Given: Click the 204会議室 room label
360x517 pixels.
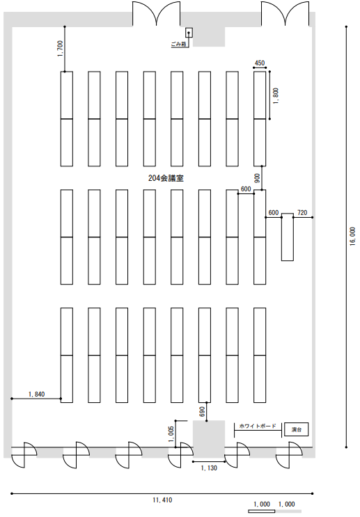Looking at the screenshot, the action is [x=166, y=178].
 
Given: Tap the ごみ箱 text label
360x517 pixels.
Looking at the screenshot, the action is [x=178, y=44].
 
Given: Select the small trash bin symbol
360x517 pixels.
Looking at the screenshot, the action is [x=189, y=33].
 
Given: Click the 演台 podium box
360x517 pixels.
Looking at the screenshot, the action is [x=297, y=429].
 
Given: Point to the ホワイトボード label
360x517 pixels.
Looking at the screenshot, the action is [x=258, y=426].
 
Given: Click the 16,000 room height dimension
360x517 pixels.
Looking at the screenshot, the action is [x=353, y=236].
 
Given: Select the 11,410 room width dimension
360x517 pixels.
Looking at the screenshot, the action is [x=162, y=500].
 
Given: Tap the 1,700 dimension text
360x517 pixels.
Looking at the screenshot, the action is [x=60, y=49].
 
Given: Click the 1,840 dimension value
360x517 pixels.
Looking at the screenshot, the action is [x=37, y=394].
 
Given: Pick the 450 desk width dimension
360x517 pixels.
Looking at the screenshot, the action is [x=260, y=63].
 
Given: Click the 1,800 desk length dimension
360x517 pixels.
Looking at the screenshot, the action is [x=276, y=95].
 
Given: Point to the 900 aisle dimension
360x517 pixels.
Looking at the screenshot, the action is [x=258, y=178].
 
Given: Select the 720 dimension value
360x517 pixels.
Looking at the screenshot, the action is [x=302, y=213].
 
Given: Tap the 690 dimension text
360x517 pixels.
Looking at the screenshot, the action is [x=202, y=411].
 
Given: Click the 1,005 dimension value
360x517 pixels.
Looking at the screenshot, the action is [x=171, y=436].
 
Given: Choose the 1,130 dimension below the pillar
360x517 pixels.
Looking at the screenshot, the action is [x=209, y=468].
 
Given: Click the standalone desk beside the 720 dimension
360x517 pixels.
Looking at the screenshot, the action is [x=287, y=237].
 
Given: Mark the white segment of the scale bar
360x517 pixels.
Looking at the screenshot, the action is [x=261, y=511].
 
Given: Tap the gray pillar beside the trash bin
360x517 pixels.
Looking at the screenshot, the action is [x=209, y=37].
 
